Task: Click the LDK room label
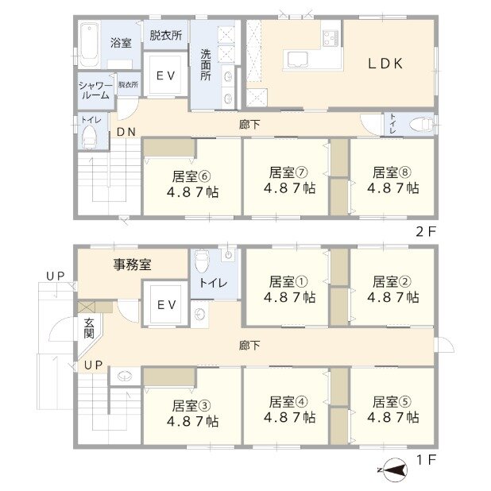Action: (x=385, y=64)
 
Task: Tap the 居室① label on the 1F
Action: (x=288, y=281)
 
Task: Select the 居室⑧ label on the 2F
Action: (x=392, y=172)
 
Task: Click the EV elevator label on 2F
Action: (x=165, y=75)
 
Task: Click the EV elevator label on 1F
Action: (x=166, y=304)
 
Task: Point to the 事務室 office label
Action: (x=132, y=265)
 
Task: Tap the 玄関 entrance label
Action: (x=89, y=328)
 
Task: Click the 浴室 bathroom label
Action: (x=121, y=43)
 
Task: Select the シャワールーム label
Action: (x=95, y=91)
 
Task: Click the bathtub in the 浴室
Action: (x=89, y=44)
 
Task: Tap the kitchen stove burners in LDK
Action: (x=331, y=37)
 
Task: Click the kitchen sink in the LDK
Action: (x=296, y=60)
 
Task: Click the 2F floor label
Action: (x=426, y=231)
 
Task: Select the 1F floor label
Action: (x=426, y=460)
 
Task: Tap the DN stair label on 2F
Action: (x=126, y=132)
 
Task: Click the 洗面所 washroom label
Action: (x=206, y=65)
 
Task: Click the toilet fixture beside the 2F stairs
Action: (x=89, y=137)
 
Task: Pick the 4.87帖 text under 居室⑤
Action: (x=393, y=417)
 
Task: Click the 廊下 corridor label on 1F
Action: (x=249, y=346)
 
